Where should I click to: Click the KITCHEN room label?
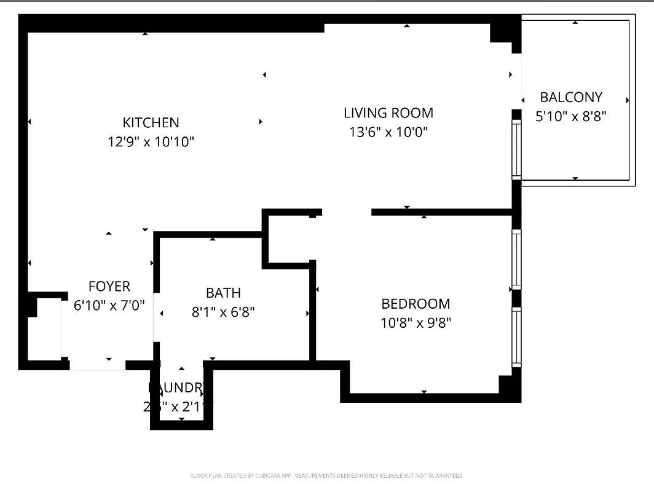click(x=151, y=122)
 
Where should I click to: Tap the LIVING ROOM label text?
click(x=388, y=113)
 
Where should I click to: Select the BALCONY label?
click(x=570, y=97)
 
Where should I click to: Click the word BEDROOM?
click(x=416, y=304)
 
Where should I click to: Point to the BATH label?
click(x=223, y=293)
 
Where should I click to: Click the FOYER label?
click(x=109, y=287)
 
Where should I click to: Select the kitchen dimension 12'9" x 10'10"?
click(x=151, y=142)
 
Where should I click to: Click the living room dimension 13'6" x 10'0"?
click(x=388, y=132)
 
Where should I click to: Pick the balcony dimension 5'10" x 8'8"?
click(x=570, y=116)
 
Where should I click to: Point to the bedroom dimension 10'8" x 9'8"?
click(x=416, y=323)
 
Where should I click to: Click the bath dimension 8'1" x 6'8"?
click(x=223, y=312)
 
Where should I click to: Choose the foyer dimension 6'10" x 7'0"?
click(x=109, y=306)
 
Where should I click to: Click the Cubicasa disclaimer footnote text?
click(x=326, y=476)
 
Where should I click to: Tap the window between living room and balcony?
click(x=516, y=149)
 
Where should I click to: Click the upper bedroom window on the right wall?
click(x=516, y=259)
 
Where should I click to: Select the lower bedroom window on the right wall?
click(x=516, y=337)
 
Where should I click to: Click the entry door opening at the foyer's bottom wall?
click(x=97, y=365)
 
